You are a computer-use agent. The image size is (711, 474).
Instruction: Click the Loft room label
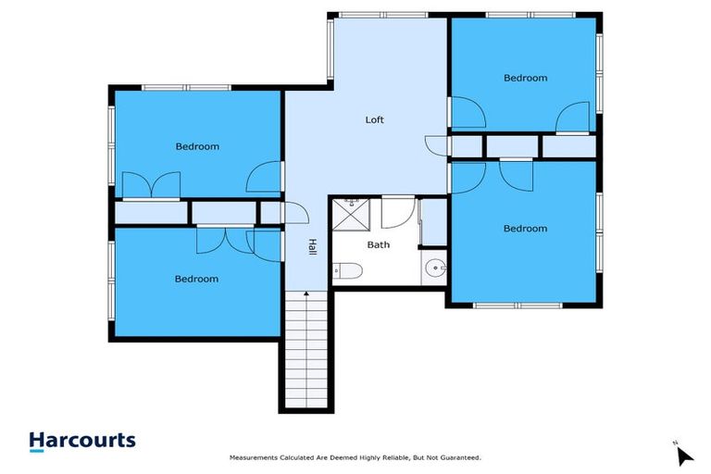coord(374,120)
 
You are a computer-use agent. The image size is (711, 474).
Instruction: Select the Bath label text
coord(379,245)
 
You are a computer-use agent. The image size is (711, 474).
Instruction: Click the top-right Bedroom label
coord(525,79)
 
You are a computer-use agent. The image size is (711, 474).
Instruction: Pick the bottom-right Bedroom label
coord(525,229)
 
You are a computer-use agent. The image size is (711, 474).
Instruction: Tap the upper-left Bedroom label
coord(197,146)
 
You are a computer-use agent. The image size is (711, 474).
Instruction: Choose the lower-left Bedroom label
coord(197,279)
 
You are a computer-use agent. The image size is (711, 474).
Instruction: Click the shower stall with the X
coord(350,215)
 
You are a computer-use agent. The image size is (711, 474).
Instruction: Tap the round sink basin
coord(435,270)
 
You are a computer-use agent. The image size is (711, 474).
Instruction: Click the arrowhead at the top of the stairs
coord(306,294)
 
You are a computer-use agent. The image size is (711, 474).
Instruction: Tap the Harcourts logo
coord(82,442)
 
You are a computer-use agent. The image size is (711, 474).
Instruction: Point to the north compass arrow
coord(684,455)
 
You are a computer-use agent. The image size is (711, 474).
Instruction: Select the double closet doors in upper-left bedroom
coord(152,185)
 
